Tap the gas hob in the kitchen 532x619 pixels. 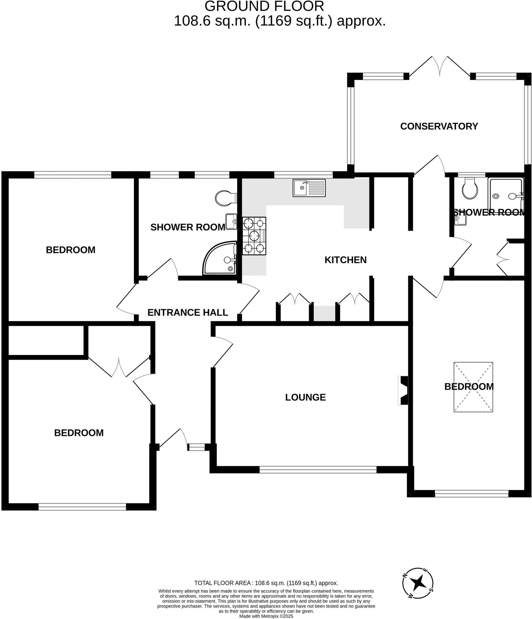tap(254, 236)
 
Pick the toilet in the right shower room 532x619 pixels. tap(470, 189)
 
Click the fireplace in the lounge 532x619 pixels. tap(404, 390)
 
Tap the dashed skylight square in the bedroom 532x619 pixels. tap(473, 387)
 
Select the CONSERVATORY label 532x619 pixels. tap(439, 126)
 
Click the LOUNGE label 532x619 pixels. tap(305, 397)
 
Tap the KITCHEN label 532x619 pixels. tap(345, 260)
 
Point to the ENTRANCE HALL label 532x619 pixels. tap(187, 313)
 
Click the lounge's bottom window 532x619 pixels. tap(318, 470)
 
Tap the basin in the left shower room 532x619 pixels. tap(231, 222)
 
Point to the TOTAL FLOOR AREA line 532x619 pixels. tap(266, 583)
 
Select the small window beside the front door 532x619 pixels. tap(196, 447)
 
